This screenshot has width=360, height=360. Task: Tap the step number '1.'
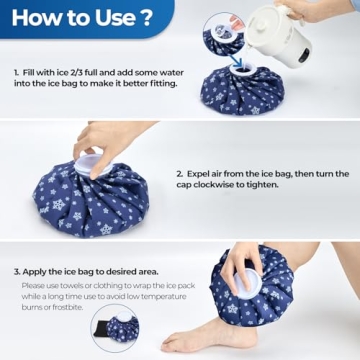click(x=17, y=73)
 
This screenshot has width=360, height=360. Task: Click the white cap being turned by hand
click(x=92, y=157)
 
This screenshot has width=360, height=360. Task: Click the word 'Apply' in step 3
click(x=36, y=271)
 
